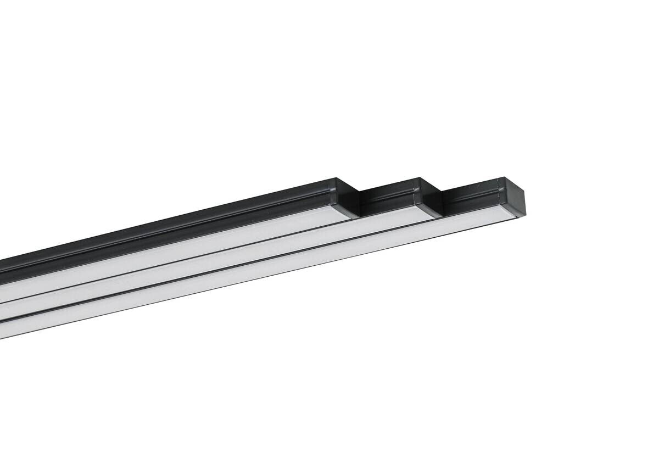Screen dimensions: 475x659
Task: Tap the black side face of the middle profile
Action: pyautogui.click(x=390, y=198)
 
